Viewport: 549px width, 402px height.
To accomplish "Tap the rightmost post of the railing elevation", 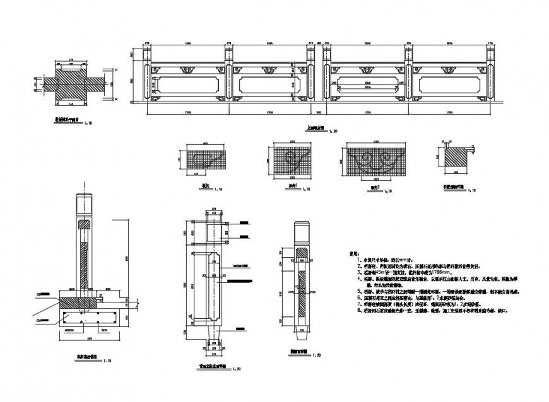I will [491, 74].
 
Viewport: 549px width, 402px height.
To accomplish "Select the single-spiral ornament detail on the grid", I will [294, 161].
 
